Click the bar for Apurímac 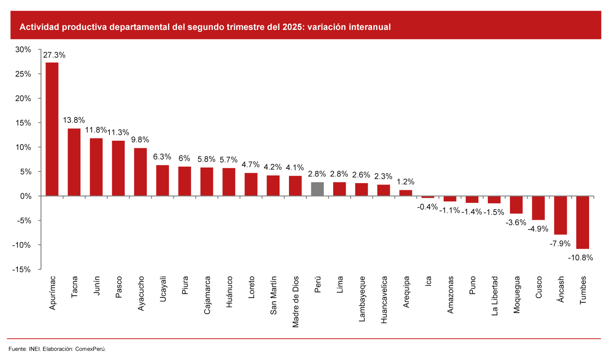coord(52,129)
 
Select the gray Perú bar coord(318,189)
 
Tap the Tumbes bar coord(583,222)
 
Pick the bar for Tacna coord(74,162)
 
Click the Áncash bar coord(561,215)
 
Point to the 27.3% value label coord(54,55)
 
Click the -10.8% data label coord(580,258)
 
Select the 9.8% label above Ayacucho coord(140,140)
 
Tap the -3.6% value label coord(516,222)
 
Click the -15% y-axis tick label coord(21,269)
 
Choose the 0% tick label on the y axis coord(25,196)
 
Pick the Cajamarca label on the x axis coord(207,296)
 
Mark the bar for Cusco coord(539,208)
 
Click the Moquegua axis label coord(517,296)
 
